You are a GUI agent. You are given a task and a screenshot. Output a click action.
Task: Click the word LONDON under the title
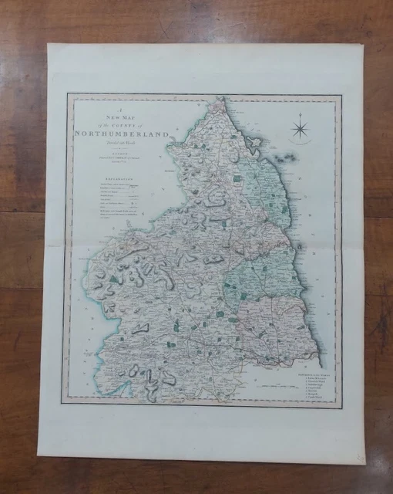tap(109, 151)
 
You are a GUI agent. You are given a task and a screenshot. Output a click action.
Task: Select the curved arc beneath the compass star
tap(301, 144)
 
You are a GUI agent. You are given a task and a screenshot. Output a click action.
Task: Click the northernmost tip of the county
tap(220, 98)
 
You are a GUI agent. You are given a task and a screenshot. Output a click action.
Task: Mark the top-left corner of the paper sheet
tap(48, 44)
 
